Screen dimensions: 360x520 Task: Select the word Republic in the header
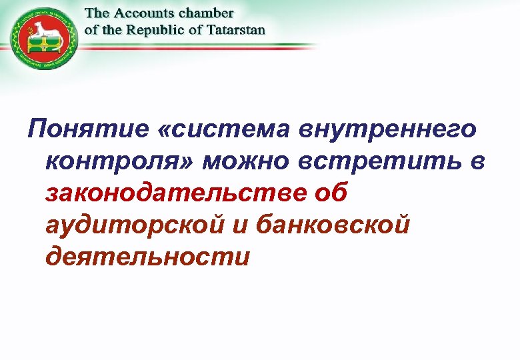pos(153,30)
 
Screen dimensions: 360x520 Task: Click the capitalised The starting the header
pos(97,14)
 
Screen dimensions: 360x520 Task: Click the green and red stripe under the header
pos(200,45)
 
